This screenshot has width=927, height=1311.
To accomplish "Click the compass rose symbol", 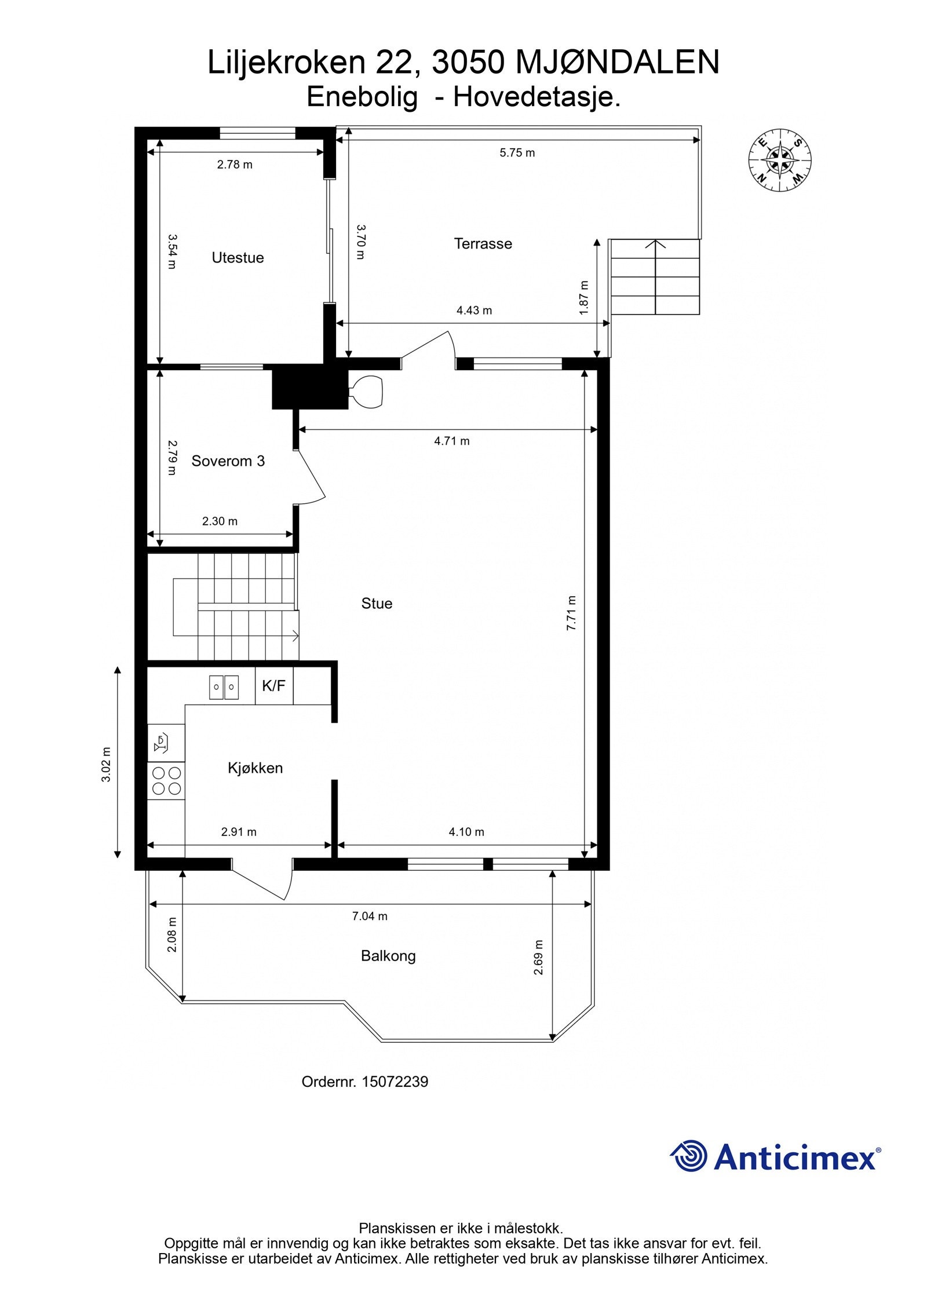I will [779, 159].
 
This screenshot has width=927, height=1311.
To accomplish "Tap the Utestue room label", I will [238, 258].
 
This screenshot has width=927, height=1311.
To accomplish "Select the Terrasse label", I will [483, 244].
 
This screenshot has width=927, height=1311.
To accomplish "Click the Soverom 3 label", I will [228, 461].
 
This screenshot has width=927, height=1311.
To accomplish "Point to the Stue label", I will [377, 604].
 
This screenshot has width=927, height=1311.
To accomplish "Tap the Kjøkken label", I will [255, 768].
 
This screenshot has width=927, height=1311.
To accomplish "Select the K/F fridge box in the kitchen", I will [274, 686].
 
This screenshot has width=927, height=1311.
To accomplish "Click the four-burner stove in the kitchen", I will [166, 780].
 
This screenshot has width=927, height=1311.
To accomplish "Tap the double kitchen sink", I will [224, 687].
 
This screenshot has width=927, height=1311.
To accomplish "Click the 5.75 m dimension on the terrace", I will [517, 153].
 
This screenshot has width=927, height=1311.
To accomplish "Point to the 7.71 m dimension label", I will [571, 613].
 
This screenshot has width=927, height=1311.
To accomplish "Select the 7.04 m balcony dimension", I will [370, 916].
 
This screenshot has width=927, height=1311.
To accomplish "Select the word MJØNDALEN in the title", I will [617, 63].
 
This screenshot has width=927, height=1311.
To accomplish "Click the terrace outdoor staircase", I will [655, 277].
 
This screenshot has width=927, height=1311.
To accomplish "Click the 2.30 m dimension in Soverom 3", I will [220, 521].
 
